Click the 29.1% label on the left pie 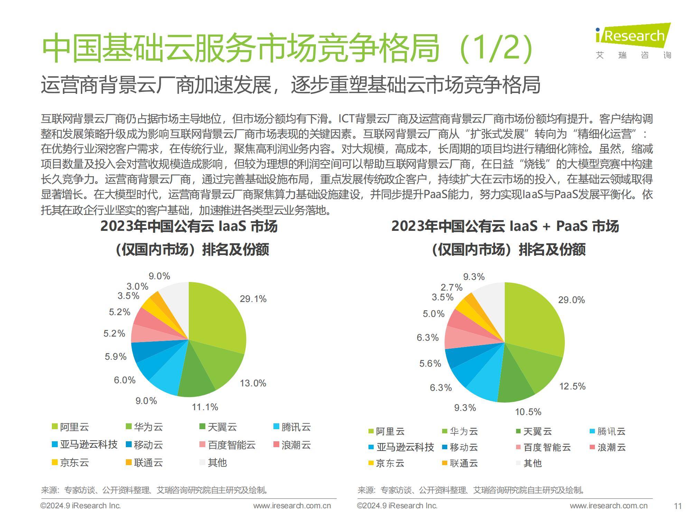pos(253,299)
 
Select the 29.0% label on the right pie pos(571,300)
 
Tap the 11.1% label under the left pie pos(205,407)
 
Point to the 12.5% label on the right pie pos(572,386)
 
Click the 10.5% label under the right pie pos(528,412)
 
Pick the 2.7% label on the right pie pos(451,287)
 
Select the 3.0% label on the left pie pos(137,286)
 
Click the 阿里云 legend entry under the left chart pos(71,427)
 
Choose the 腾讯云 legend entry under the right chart pos(607,431)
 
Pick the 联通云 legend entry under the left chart pos(144,463)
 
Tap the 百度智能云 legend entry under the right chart pos(543,448)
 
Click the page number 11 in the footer pos(678,506)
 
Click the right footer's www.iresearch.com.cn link pos(608,506)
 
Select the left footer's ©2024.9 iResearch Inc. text pos(81,506)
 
